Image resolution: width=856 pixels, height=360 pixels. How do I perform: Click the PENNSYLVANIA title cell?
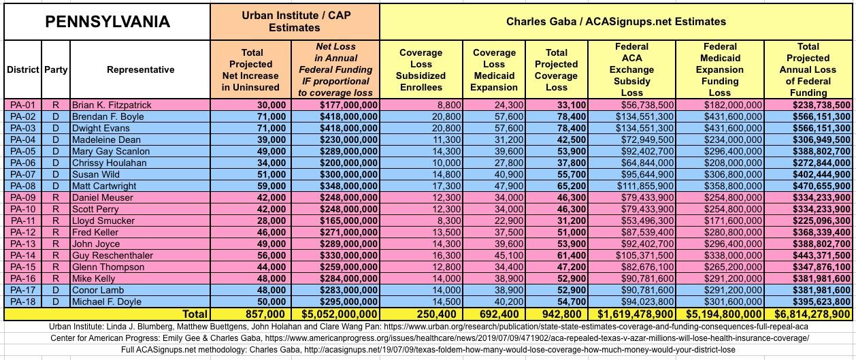pyautogui.click(x=107, y=22)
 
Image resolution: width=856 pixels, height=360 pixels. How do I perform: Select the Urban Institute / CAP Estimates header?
pyautogui.click(x=294, y=22)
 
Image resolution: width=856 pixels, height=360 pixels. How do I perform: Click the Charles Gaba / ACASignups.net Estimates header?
pyautogui.click(x=616, y=22)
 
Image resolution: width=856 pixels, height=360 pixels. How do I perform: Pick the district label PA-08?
pyautogui.click(x=23, y=186)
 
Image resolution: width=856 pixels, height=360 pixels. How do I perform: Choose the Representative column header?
pyautogui.click(x=140, y=69)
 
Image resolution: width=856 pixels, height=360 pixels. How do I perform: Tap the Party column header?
pyautogui.click(x=56, y=69)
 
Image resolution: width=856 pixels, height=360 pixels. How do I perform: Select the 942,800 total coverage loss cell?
pyautogui.click(x=557, y=314)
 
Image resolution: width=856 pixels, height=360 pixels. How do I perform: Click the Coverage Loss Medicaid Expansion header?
pyautogui.click(x=494, y=69)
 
